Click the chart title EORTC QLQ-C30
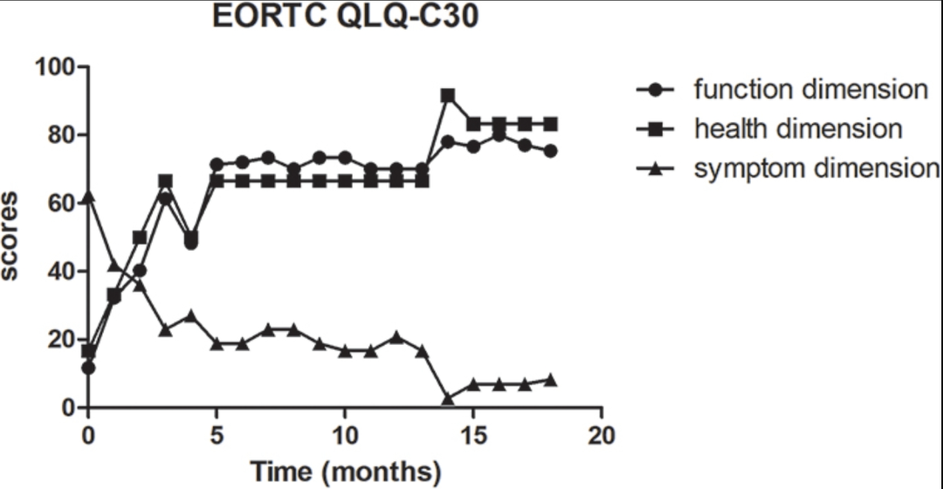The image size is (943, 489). point(346,17)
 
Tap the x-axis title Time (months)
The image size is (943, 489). point(346,472)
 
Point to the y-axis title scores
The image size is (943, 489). point(11,237)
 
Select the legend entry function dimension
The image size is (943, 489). point(809,89)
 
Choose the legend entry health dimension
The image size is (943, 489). point(797,129)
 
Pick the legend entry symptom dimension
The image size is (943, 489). point(816,169)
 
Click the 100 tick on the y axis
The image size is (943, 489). point(55,66)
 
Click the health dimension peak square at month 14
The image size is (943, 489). point(448,95)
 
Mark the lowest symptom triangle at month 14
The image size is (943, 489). point(448,398)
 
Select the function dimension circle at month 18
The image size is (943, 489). point(551,151)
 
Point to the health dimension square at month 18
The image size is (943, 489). point(551,124)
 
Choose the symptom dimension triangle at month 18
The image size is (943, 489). point(551,380)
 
